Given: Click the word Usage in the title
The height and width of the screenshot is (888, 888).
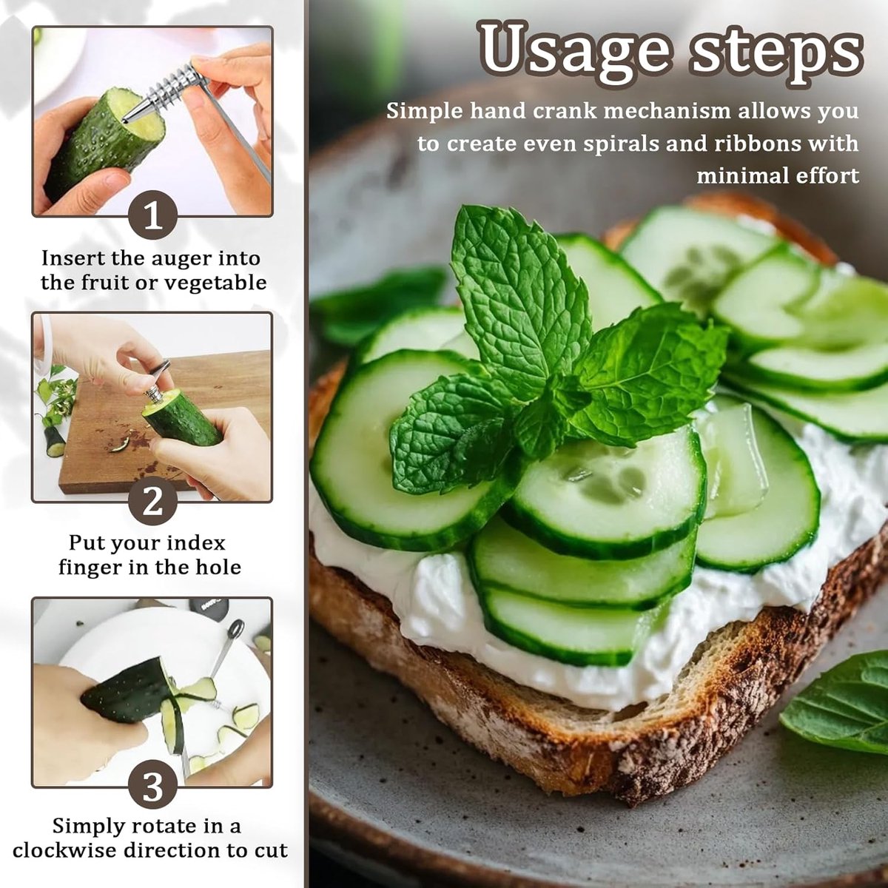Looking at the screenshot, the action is [x=574, y=53].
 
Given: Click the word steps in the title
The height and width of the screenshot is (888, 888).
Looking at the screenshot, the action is [x=776, y=53].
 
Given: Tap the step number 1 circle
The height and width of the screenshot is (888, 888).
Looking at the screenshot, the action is [x=152, y=215].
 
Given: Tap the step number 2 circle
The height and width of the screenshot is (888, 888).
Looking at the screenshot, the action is [x=152, y=502].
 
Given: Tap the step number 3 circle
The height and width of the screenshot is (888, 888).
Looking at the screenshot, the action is [x=152, y=787].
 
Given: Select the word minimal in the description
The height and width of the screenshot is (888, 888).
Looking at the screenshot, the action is [x=735, y=176].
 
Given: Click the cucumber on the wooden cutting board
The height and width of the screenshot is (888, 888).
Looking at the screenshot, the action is [x=183, y=418].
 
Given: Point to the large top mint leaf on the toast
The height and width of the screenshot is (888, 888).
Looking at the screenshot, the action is [x=521, y=295].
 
